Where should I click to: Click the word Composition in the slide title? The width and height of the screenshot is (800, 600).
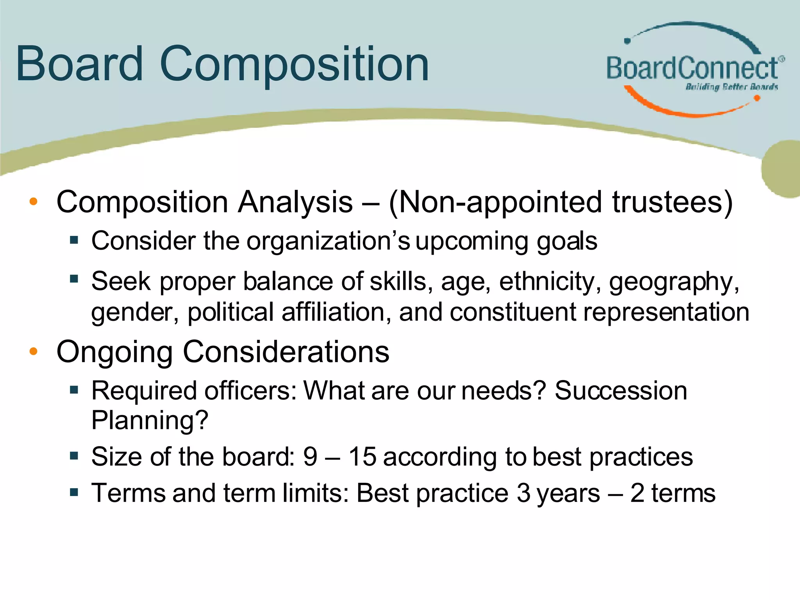coord(294,64)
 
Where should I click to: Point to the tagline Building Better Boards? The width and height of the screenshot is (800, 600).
coord(731,87)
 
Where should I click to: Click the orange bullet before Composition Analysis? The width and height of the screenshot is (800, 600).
coord(34,202)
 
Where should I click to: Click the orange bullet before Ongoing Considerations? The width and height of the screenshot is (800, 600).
coord(34,352)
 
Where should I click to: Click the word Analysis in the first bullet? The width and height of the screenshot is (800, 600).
coord(295,202)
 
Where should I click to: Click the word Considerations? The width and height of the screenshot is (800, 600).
coord(286,352)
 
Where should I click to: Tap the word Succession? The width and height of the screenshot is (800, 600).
coord(620,391)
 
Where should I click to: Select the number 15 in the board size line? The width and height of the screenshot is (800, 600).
coord(362,456)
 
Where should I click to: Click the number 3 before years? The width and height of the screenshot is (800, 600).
coord(523,493)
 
